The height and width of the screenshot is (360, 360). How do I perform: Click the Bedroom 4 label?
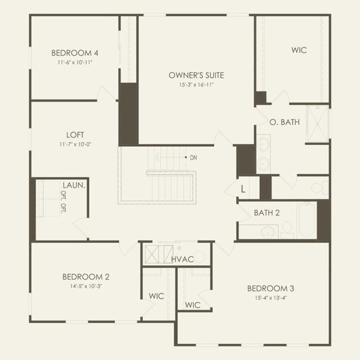(75, 53)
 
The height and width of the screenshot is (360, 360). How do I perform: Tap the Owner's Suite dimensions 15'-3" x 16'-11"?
(196, 84)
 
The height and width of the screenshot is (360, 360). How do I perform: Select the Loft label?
(75, 135)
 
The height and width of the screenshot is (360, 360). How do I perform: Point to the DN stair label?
(193, 157)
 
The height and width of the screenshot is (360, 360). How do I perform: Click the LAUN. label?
(74, 185)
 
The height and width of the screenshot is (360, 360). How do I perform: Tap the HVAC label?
(182, 259)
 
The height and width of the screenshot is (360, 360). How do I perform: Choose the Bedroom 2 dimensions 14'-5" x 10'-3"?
(86, 286)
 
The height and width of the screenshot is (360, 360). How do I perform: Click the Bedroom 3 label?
(271, 289)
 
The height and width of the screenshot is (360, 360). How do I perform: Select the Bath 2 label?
(267, 213)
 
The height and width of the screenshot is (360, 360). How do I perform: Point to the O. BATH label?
(285, 122)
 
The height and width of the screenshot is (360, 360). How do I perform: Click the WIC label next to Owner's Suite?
(299, 50)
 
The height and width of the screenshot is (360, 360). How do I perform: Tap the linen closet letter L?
(243, 189)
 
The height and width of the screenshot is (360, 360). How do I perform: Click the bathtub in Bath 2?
(307, 220)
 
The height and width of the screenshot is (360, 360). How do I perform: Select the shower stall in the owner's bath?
(318, 124)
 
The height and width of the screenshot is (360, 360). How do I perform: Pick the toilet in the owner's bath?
(320, 187)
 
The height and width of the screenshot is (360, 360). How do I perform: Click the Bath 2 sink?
(268, 231)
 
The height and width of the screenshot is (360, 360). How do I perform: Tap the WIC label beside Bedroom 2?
(156, 296)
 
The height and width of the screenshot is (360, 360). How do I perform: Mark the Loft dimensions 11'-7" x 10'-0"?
(75, 145)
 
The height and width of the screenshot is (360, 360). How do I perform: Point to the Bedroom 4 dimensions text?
(75, 62)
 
